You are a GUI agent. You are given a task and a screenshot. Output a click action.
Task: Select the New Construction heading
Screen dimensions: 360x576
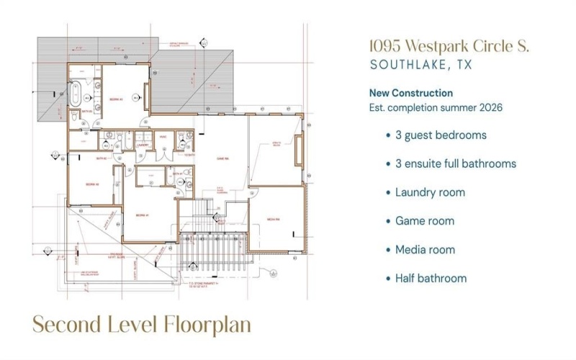[410, 93]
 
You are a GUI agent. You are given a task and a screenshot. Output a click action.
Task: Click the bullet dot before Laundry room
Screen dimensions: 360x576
[388, 193]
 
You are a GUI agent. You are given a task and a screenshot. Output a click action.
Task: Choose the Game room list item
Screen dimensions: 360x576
[424, 221]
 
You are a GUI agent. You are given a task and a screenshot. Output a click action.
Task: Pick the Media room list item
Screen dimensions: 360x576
[425, 250]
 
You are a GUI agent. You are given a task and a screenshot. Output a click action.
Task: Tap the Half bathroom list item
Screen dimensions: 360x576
[431, 278]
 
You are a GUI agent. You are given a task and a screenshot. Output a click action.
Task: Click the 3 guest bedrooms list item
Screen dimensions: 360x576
[440, 135]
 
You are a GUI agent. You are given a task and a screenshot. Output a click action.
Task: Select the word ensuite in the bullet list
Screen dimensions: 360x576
[428, 163]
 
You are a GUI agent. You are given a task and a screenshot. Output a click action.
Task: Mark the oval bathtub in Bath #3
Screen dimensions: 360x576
[75, 93]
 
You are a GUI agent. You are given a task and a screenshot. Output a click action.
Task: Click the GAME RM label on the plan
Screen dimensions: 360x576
[222, 158]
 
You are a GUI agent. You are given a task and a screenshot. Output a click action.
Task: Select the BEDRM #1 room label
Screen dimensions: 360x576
[141, 215]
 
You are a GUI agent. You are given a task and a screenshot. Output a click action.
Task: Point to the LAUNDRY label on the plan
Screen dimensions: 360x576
[142, 145]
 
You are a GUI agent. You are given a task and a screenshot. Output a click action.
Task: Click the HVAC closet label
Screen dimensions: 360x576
[163, 137]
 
